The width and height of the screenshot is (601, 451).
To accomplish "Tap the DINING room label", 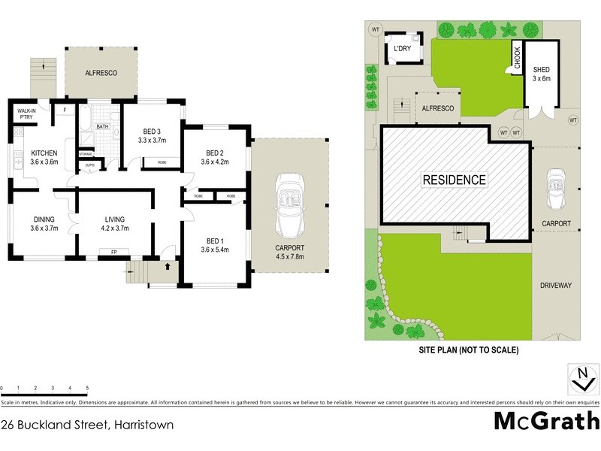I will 44,223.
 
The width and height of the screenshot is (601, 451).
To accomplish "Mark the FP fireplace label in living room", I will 113,252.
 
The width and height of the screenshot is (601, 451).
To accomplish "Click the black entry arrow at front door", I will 168,265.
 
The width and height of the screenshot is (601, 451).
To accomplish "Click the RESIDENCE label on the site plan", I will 454,180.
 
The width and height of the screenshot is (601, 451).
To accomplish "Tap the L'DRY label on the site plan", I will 402,50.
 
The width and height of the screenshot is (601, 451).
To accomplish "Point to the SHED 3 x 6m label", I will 542,74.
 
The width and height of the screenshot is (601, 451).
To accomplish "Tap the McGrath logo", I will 546,420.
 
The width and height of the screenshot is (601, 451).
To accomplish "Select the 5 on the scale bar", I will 88,389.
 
